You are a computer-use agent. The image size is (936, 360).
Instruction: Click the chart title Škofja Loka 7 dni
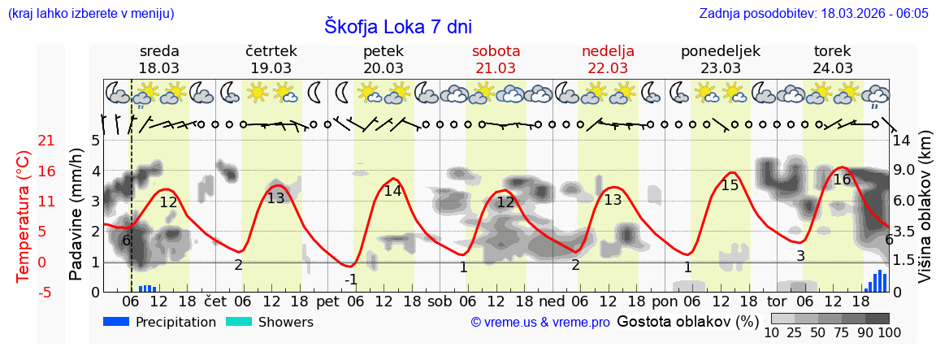(x=398, y=26)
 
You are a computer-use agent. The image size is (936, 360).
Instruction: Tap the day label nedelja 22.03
(x=608, y=59)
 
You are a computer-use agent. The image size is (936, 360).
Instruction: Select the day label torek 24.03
(x=833, y=59)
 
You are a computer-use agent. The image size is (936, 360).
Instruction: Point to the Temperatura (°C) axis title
(x=23, y=216)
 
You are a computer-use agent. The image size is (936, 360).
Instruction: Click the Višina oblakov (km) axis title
(x=925, y=215)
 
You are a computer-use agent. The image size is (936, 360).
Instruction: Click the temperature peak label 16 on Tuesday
(x=842, y=180)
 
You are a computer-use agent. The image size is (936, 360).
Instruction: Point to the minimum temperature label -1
(x=351, y=280)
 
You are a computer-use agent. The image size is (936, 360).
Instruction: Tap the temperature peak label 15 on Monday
(x=730, y=185)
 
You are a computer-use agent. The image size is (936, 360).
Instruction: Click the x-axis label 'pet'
(x=327, y=302)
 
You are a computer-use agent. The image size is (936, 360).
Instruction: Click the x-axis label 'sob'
(x=440, y=302)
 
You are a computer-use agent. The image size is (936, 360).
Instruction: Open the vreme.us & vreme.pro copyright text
(x=540, y=323)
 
